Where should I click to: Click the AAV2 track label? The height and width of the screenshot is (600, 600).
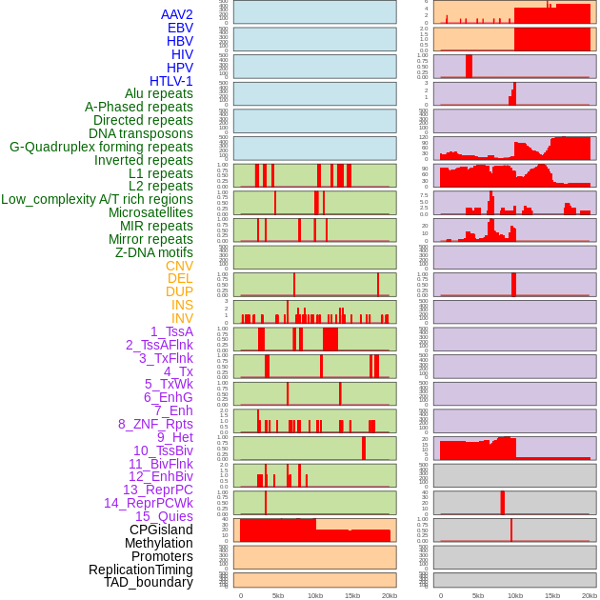click(x=177, y=14)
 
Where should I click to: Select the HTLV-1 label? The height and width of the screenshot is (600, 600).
click(x=171, y=81)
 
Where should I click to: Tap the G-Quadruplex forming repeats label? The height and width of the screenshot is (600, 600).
click(x=101, y=147)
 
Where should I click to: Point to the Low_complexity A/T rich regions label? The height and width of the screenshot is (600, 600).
click(x=97, y=199)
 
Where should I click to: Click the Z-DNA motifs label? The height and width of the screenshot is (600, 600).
click(x=154, y=252)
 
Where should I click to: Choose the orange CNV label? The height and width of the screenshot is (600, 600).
click(x=179, y=266)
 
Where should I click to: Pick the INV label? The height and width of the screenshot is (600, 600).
click(x=182, y=318)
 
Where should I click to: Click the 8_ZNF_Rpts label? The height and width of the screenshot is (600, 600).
click(x=155, y=424)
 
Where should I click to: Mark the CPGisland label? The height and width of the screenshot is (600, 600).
click(x=161, y=530)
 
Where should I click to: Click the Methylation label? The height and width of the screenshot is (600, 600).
click(x=159, y=543)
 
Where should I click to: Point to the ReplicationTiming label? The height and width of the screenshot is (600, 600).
click(x=140, y=570)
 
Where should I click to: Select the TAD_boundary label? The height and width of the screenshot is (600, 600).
click(x=149, y=582)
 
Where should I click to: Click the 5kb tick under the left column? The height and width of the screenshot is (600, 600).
click(x=278, y=595)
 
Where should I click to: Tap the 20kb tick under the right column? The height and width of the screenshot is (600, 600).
click(x=590, y=595)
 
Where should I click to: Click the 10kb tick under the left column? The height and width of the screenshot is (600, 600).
click(x=315, y=595)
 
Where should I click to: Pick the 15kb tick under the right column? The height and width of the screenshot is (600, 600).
click(x=552, y=595)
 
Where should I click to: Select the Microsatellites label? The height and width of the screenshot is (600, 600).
click(x=150, y=212)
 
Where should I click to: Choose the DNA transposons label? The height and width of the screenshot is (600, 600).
click(x=141, y=133)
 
